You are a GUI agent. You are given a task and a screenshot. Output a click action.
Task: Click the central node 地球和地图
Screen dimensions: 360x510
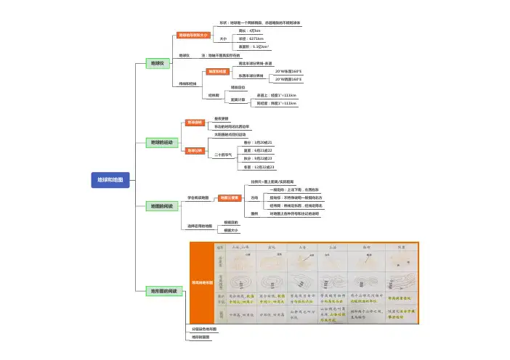tap(110, 179)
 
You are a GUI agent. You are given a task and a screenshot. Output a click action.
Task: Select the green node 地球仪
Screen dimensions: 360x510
tap(158, 64)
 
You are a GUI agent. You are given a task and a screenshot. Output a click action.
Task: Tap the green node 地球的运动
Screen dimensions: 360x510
tap(162, 142)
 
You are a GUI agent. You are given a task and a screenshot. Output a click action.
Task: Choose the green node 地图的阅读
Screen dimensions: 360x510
tap(162, 206)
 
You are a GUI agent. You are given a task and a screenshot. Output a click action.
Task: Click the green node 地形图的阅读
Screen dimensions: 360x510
tap(164, 290)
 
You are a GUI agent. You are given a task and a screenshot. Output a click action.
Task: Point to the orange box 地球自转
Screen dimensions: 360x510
tap(195, 123)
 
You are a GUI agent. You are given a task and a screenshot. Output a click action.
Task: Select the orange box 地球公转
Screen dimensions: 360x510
tap(195, 150)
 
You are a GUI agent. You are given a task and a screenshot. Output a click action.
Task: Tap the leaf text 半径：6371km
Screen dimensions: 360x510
tap(252, 38)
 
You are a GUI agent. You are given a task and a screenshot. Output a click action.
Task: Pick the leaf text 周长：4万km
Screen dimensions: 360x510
tap(250, 30)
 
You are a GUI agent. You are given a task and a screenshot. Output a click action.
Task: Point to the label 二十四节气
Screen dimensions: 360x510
tap(223, 155)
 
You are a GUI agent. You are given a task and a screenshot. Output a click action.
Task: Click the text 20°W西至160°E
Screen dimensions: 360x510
tap(288, 79)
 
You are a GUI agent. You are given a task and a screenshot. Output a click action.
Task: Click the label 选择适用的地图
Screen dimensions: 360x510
tap(200, 226)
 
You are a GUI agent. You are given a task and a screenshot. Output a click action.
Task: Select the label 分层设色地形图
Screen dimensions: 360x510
tap(200, 330)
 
